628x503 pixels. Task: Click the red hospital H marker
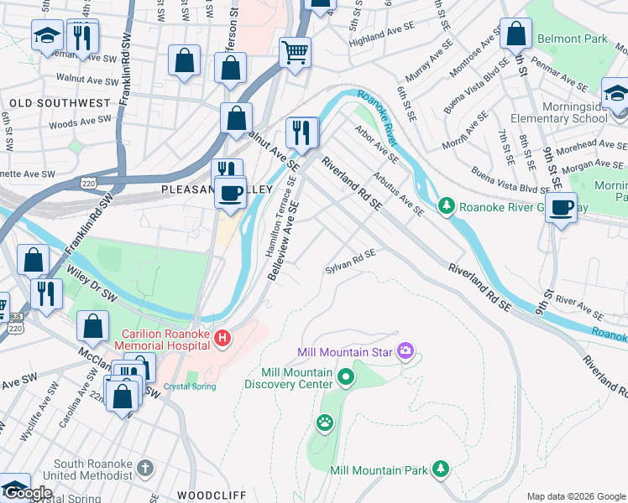click(222, 340)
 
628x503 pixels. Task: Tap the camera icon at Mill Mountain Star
click(406, 350)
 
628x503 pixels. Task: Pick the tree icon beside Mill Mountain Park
click(440, 469)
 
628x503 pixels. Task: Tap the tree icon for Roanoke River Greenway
click(447, 205)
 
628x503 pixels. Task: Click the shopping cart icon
click(295, 52)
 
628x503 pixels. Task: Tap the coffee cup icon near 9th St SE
click(562, 206)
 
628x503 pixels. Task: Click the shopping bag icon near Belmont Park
click(516, 34)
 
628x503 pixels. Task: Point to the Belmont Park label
click(572, 39)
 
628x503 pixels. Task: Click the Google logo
click(27, 493)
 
